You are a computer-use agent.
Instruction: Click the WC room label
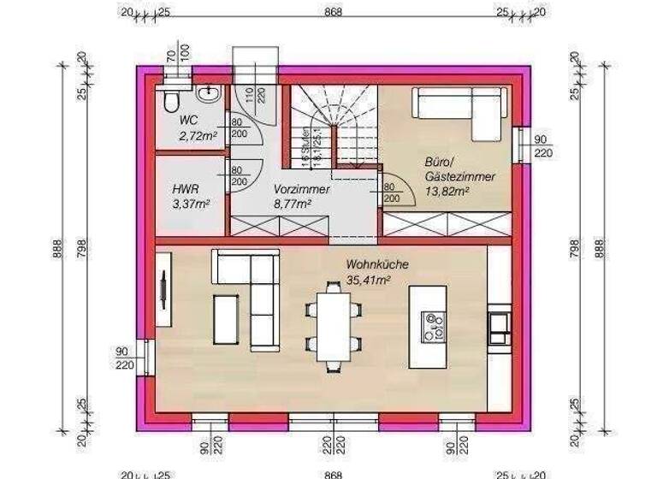(x=188, y=121)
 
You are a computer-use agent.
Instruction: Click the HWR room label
(x=186, y=189)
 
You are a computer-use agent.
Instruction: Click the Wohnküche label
(x=377, y=265)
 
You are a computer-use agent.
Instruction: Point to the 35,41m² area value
(x=369, y=279)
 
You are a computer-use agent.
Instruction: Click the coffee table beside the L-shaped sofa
(x=226, y=321)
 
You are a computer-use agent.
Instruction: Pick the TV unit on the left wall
(x=163, y=294)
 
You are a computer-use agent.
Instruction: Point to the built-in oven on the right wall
(x=499, y=324)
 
